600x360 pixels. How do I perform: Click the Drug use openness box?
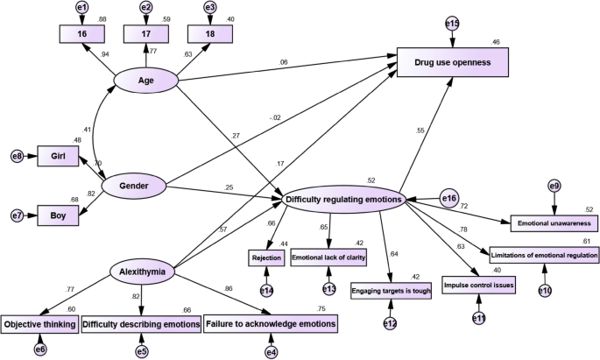tap(452, 62)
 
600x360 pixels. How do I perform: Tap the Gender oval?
tap(134, 186)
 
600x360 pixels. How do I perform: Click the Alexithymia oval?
tap(144, 272)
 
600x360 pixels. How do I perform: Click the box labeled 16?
tap(81, 33)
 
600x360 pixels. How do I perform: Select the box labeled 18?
tap(210, 33)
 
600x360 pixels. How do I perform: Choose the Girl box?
tap(58, 156)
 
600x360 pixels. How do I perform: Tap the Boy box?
tap(58, 215)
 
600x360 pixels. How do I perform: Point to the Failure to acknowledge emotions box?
tap(270, 324)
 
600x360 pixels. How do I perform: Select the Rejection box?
tap(266, 258)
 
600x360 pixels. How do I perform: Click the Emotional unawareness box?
tap(553, 222)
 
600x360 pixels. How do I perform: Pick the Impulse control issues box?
tap(479, 286)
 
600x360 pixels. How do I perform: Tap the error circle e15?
tap(452, 20)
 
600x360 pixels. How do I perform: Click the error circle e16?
tap(449, 200)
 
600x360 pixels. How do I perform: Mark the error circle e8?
tap(17, 156)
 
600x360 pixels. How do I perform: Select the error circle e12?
tap(391, 324)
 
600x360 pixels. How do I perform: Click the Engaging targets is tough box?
tap(391, 290)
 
